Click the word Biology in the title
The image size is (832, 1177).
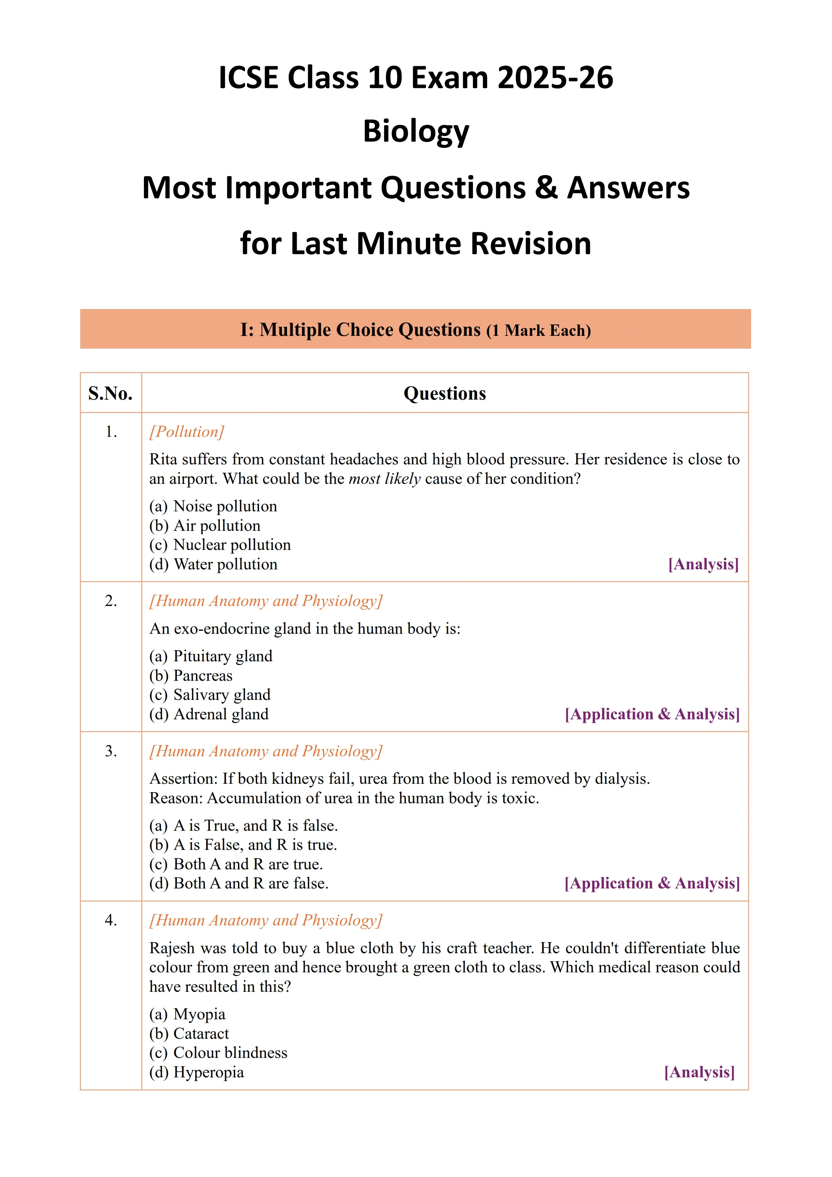tap(416, 131)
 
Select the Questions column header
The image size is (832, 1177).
tap(444, 393)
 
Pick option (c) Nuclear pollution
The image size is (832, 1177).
tap(220, 545)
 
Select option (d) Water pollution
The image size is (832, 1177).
tap(213, 564)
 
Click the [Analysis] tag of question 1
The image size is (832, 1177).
tap(703, 564)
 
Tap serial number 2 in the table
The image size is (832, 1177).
tap(111, 601)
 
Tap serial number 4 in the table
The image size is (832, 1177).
tap(111, 920)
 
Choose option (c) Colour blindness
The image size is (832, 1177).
tap(218, 1053)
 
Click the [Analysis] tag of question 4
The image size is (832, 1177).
tap(699, 1072)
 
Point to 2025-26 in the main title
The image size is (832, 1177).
tap(555, 78)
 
